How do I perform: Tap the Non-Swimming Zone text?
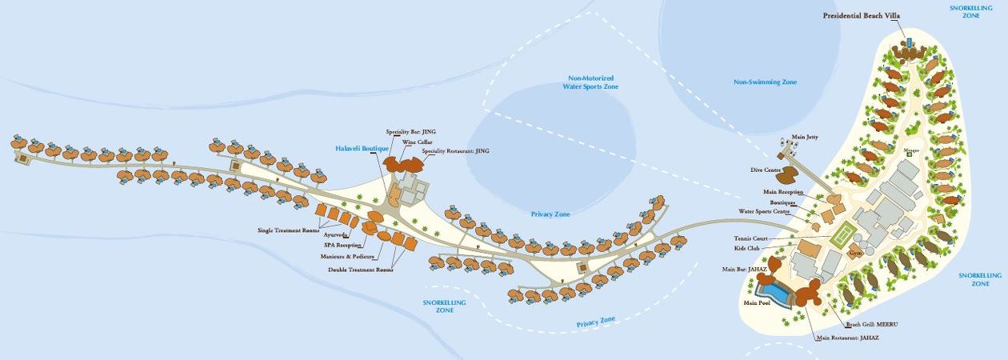coord(766,82)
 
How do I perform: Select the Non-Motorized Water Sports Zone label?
coord(590,82)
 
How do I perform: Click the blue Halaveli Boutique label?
coord(362,149)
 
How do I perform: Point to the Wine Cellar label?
coord(417,142)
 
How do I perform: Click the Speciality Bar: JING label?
coord(411,131)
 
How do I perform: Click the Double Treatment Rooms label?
coord(361,270)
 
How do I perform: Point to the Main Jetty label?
coord(805,138)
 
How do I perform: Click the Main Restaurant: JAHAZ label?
coord(847,338)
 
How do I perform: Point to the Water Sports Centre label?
coord(764,212)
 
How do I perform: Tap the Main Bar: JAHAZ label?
coord(745,269)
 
